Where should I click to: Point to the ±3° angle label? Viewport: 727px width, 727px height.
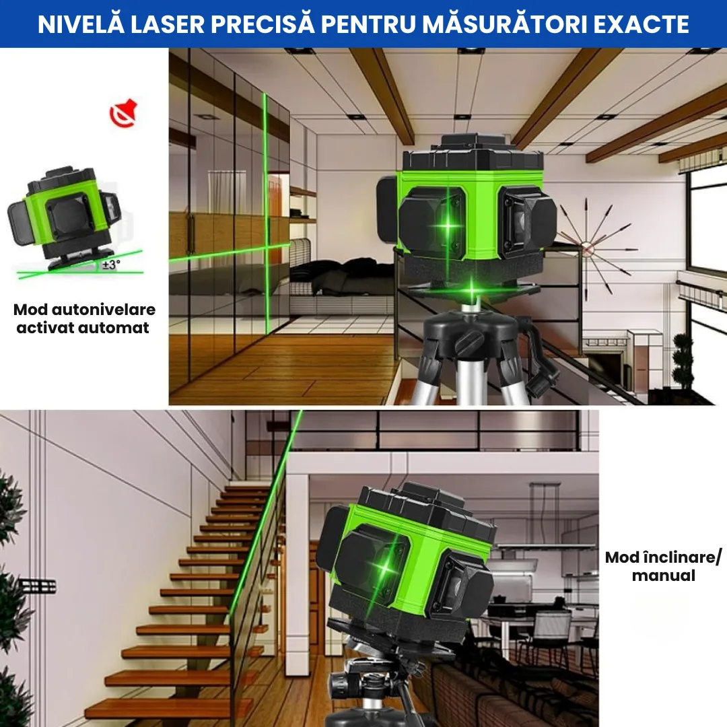click(110, 265)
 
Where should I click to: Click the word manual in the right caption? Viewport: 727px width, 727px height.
click(663, 576)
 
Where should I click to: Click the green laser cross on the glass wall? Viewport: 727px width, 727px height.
click(265, 250)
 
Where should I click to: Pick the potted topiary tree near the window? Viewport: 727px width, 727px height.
click(683, 363)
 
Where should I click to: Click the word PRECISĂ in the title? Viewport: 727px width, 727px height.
click(265, 24)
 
